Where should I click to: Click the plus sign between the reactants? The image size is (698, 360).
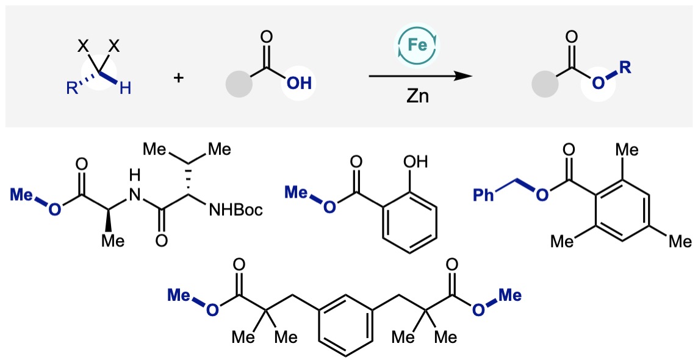179,77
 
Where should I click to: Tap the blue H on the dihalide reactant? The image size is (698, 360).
124,90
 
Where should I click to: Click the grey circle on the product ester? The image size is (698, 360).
544,84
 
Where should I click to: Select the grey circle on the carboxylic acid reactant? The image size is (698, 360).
238,84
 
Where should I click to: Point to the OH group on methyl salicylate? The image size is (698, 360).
416,163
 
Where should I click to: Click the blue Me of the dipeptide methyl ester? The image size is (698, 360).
21,194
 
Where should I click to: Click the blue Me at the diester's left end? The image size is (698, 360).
179,296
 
